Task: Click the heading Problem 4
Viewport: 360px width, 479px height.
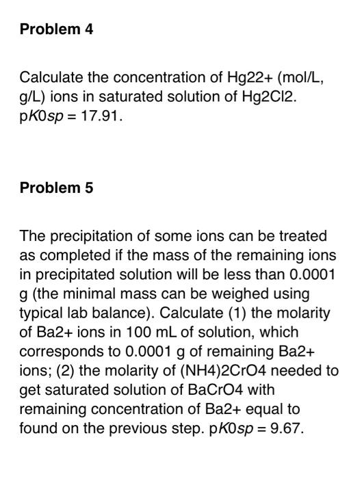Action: pyautogui.click(x=56, y=29)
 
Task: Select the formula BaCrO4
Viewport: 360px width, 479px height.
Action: pyautogui.click(x=203, y=390)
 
